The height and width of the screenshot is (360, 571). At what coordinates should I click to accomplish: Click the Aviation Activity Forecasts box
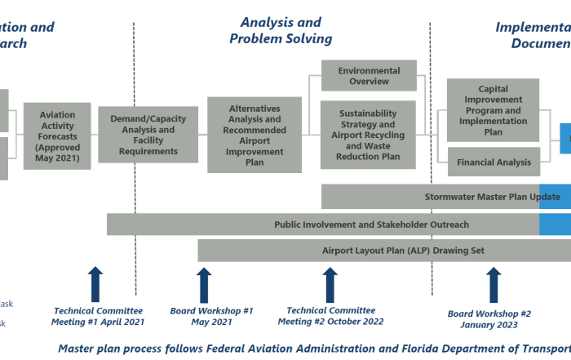(57, 136)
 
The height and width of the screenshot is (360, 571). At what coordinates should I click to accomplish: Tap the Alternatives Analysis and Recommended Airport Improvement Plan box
(254, 135)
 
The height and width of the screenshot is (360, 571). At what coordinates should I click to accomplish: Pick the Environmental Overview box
(369, 76)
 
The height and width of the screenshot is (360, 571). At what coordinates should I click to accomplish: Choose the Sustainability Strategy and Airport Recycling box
(369, 135)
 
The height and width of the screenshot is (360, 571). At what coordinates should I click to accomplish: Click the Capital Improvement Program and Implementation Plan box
(493, 110)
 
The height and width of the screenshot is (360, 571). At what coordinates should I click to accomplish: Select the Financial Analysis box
(493, 162)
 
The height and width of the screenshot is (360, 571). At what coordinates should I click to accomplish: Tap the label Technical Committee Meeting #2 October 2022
(331, 316)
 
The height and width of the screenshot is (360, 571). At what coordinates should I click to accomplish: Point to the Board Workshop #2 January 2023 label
(489, 319)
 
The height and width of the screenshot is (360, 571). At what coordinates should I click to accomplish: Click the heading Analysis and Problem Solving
(281, 30)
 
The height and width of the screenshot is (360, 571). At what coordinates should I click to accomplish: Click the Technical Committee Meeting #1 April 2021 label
(98, 316)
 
